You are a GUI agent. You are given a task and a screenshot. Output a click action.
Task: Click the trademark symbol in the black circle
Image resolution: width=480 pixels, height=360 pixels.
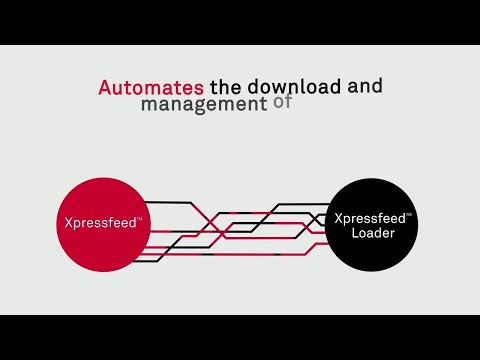[411, 214]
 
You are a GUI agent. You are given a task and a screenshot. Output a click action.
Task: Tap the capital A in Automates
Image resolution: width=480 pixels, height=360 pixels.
[104, 88]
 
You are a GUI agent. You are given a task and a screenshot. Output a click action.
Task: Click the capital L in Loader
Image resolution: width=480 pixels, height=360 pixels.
[355, 235]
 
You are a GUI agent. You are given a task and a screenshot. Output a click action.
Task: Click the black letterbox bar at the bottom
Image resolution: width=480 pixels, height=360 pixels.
[240, 337]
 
